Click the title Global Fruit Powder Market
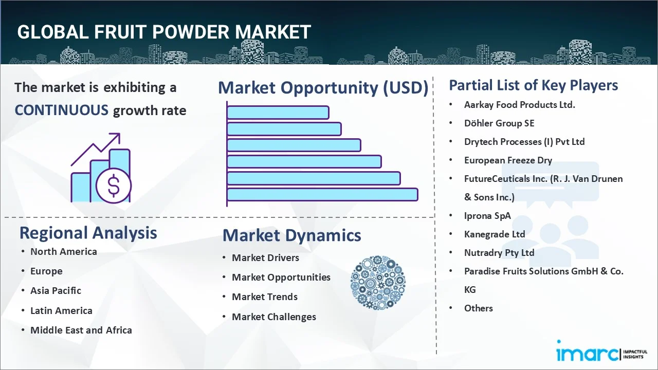(x=163, y=32)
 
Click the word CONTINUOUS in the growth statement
(x=61, y=110)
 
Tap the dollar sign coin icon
(x=114, y=187)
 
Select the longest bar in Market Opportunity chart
(x=322, y=194)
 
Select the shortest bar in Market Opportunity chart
(x=278, y=112)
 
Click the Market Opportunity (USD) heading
(x=323, y=88)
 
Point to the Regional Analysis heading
(x=88, y=233)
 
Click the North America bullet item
(x=63, y=251)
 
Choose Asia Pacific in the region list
(x=56, y=290)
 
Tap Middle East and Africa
(x=81, y=330)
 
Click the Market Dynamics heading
(x=291, y=235)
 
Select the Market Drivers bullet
(x=265, y=257)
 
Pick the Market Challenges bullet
(x=273, y=317)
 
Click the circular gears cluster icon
(x=378, y=283)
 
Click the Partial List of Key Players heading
(x=533, y=85)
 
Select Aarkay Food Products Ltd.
(x=519, y=104)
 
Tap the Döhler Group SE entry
(x=499, y=123)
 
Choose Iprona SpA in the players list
(x=487, y=215)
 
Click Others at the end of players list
(x=478, y=308)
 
